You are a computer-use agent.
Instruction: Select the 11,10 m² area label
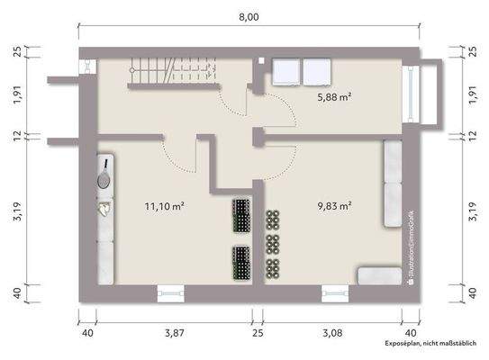click(x=165, y=206)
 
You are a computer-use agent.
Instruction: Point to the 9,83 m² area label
click(x=333, y=206)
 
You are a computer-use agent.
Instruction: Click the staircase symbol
click(x=170, y=70)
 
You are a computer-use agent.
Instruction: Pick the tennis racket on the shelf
click(x=104, y=174)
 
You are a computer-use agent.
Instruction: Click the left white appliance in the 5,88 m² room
click(x=286, y=71)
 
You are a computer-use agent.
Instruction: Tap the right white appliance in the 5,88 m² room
click(x=317, y=71)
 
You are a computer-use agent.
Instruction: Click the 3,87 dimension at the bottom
click(x=174, y=334)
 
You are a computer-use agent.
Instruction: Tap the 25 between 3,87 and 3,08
click(x=258, y=334)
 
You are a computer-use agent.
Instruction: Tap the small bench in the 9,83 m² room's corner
click(x=377, y=275)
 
